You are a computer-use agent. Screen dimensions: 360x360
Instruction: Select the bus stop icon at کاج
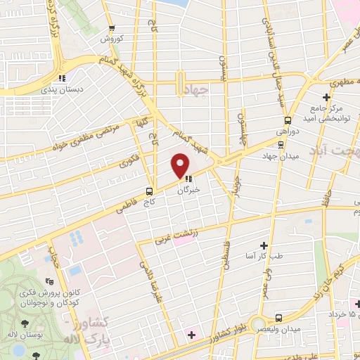tap(149, 191)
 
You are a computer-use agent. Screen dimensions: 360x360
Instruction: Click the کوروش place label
tap(112, 38)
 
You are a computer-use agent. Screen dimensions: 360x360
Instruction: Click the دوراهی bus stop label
tap(286, 131)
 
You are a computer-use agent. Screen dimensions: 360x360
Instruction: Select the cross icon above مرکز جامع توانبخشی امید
tap(326, 97)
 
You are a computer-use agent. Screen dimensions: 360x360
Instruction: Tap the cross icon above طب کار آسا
tap(264, 245)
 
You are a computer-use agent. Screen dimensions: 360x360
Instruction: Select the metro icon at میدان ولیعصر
tap(280, 318)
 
